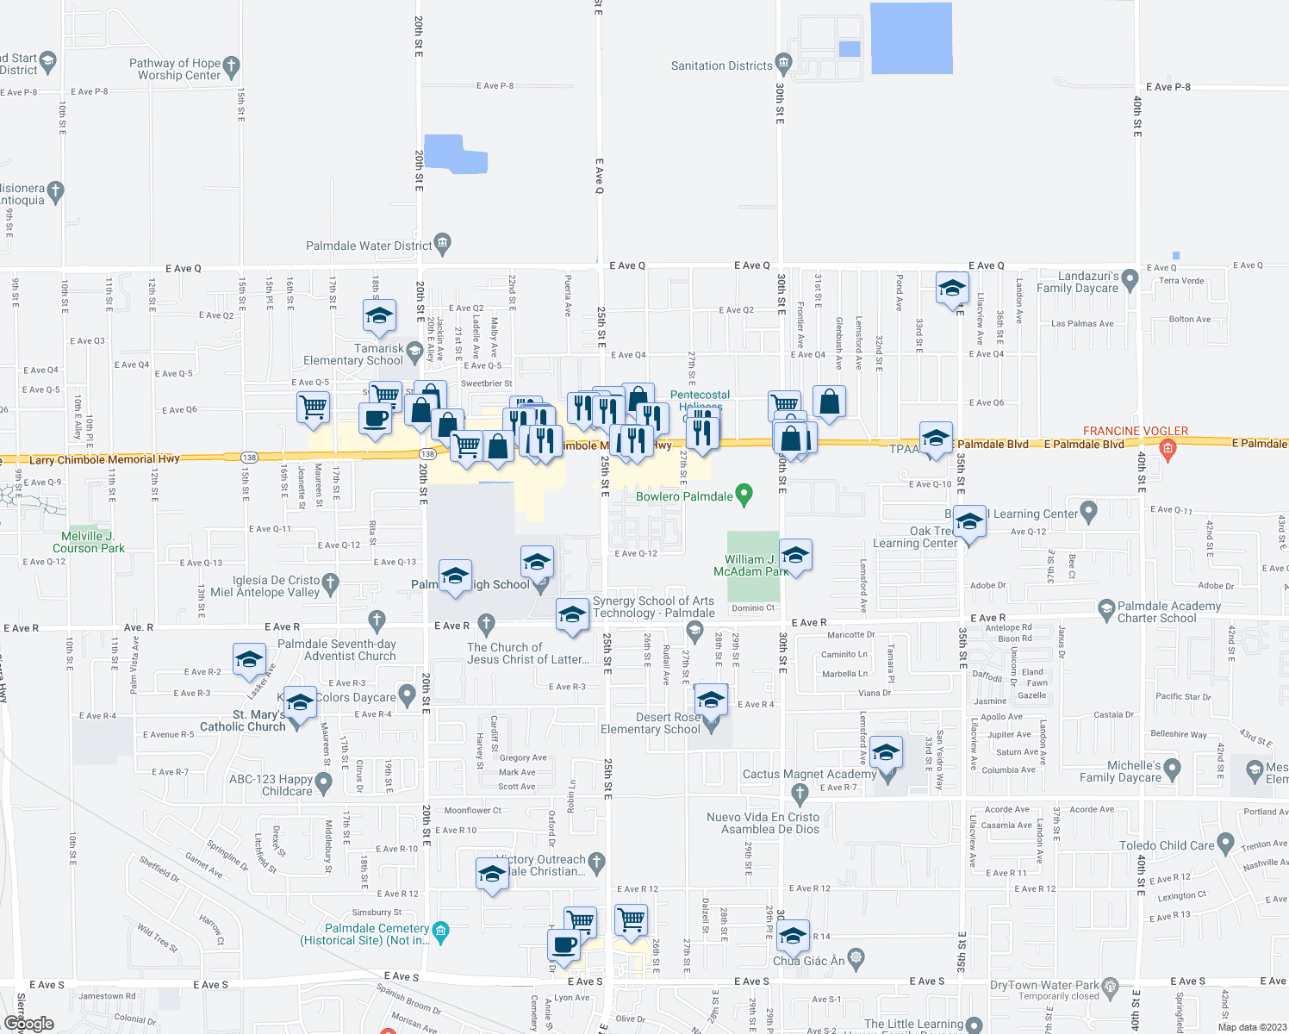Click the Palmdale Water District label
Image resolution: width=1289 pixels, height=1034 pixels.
tap(369, 246)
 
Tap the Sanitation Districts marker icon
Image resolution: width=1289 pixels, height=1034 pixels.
tap(783, 62)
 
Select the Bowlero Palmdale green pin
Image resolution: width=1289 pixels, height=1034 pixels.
tap(744, 495)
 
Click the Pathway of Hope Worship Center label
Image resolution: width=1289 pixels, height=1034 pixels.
tap(175, 69)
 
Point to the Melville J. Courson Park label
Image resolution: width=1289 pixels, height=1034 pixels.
tap(88, 542)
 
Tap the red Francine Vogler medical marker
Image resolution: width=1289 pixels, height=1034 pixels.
tap(1168, 448)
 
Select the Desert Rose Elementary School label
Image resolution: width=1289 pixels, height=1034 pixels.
tap(651, 723)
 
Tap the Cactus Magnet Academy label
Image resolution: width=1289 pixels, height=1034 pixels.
tap(809, 775)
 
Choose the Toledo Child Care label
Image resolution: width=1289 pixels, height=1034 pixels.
tap(1166, 845)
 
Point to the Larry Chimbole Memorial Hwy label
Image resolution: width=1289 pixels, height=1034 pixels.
tap(104, 459)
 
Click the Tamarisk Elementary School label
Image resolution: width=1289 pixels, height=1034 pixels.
tap(354, 354)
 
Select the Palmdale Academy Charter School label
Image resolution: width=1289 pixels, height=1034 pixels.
tap(1168, 612)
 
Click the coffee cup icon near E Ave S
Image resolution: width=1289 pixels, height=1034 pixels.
tap(564, 944)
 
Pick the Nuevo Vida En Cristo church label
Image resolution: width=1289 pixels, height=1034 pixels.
tap(763, 823)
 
